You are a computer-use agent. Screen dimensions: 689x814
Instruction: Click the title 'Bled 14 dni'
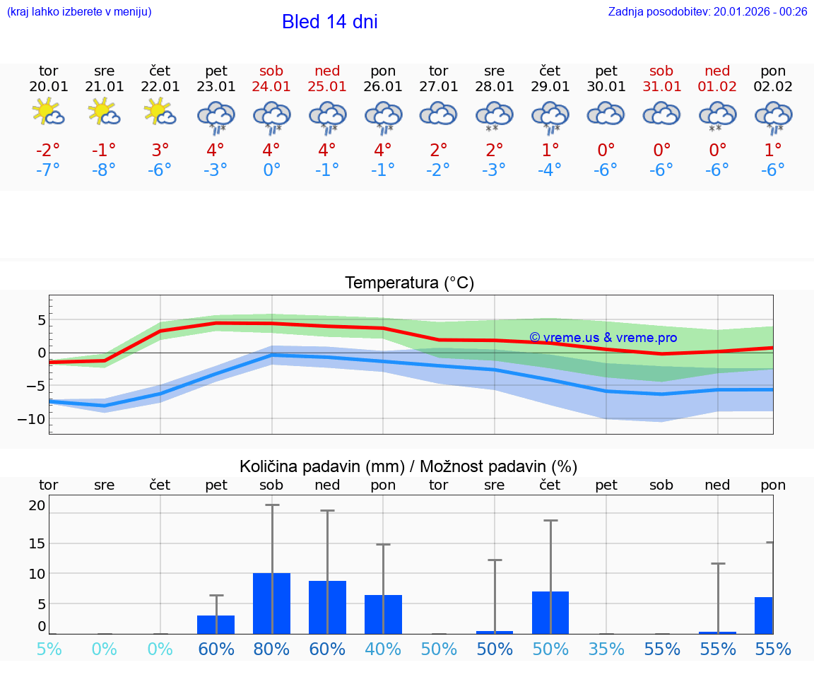click(329, 22)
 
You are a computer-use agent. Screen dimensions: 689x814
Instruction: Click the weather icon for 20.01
click(48, 113)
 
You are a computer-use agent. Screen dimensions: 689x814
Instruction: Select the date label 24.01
click(271, 87)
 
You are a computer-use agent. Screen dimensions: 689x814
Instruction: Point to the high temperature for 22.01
click(160, 150)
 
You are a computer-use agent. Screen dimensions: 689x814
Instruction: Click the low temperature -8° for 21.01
click(104, 170)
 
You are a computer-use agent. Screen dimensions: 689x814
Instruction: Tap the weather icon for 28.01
click(494, 114)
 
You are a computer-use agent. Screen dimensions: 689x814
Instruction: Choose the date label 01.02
click(717, 87)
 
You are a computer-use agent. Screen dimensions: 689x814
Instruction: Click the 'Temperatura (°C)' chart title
click(409, 283)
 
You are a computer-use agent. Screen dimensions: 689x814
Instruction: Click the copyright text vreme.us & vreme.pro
click(603, 338)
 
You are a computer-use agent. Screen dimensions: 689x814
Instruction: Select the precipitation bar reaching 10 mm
click(272, 603)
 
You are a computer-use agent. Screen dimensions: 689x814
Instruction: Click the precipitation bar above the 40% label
click(383, 614)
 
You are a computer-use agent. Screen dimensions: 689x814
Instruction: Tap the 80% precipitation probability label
click(272, 649)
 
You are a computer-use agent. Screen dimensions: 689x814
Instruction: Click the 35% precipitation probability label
click(606, 649)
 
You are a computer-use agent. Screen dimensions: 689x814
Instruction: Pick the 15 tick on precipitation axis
click(37, 543)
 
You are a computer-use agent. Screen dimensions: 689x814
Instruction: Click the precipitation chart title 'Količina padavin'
click(408, 466)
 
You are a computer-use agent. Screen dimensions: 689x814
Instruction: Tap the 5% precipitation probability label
click(49, 649)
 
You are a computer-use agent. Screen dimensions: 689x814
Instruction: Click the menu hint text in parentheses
click(79, 11)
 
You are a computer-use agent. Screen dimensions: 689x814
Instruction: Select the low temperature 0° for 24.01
click(272, 170)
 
